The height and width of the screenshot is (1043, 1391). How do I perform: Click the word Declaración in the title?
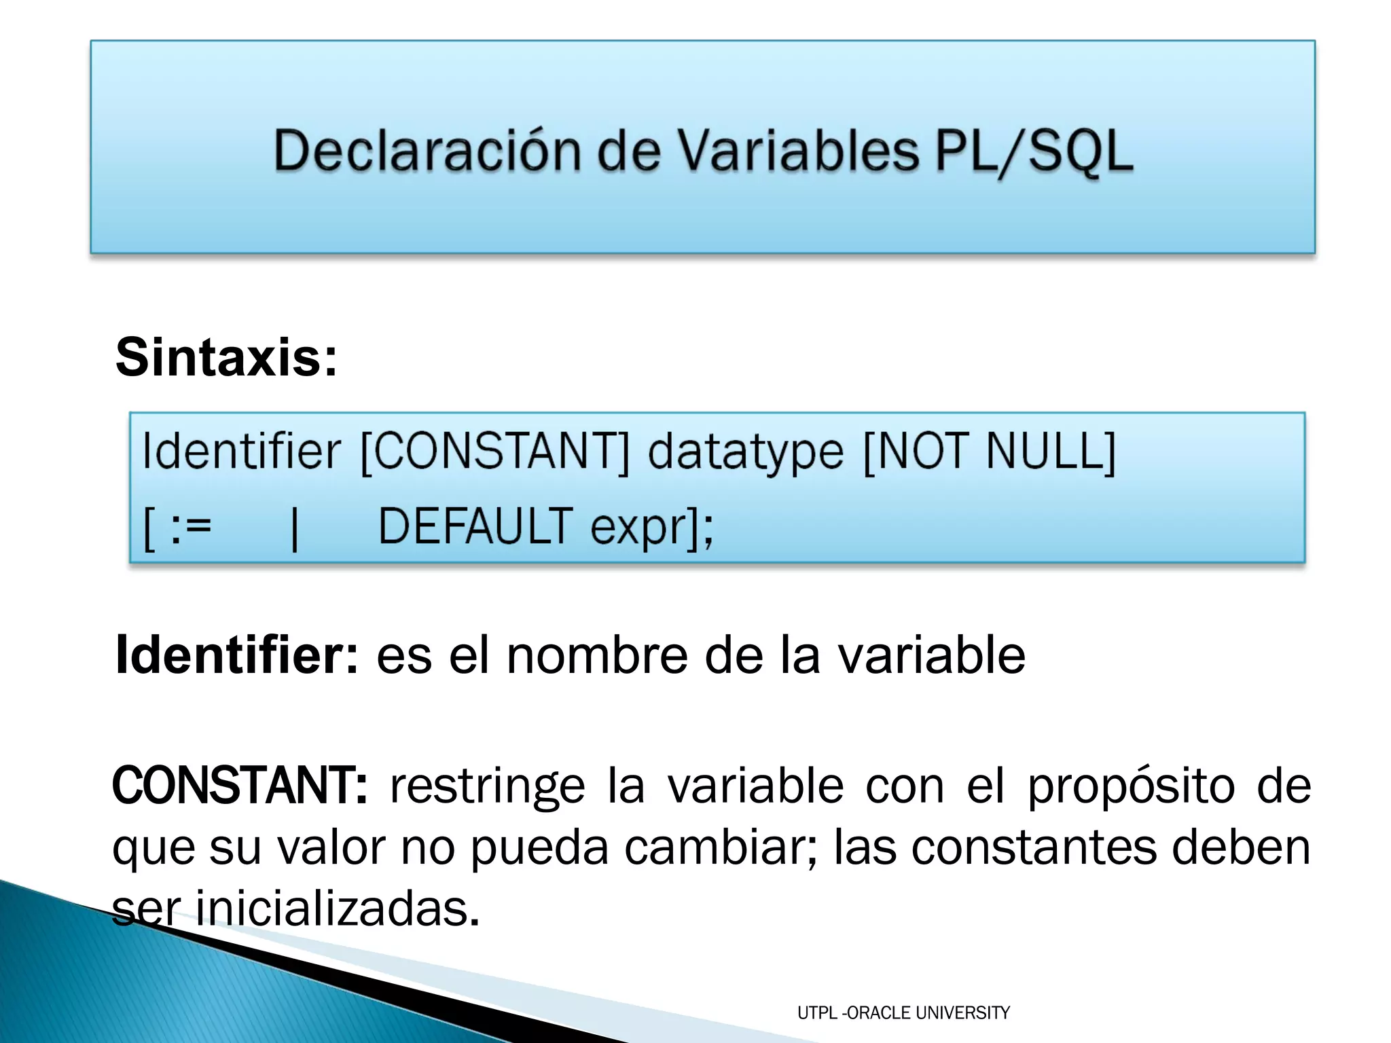(427, 151)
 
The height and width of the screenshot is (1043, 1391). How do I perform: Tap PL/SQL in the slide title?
(1034, 151)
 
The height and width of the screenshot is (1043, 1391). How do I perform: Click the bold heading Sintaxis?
(226, 357)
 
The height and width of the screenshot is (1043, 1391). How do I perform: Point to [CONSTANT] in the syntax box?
(494, 452)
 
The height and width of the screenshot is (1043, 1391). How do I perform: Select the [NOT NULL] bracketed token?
(989, 452)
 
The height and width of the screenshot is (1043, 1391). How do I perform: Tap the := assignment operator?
(191, 527)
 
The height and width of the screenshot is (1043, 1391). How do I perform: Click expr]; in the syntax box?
(651, 528)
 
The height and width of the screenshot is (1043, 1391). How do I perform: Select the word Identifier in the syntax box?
(241, 452)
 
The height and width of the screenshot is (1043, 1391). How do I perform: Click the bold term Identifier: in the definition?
(236, 655)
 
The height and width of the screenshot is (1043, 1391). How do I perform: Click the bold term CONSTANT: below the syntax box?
(240, 786)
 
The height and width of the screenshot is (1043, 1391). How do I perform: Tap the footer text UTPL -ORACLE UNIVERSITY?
(903, 1012)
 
